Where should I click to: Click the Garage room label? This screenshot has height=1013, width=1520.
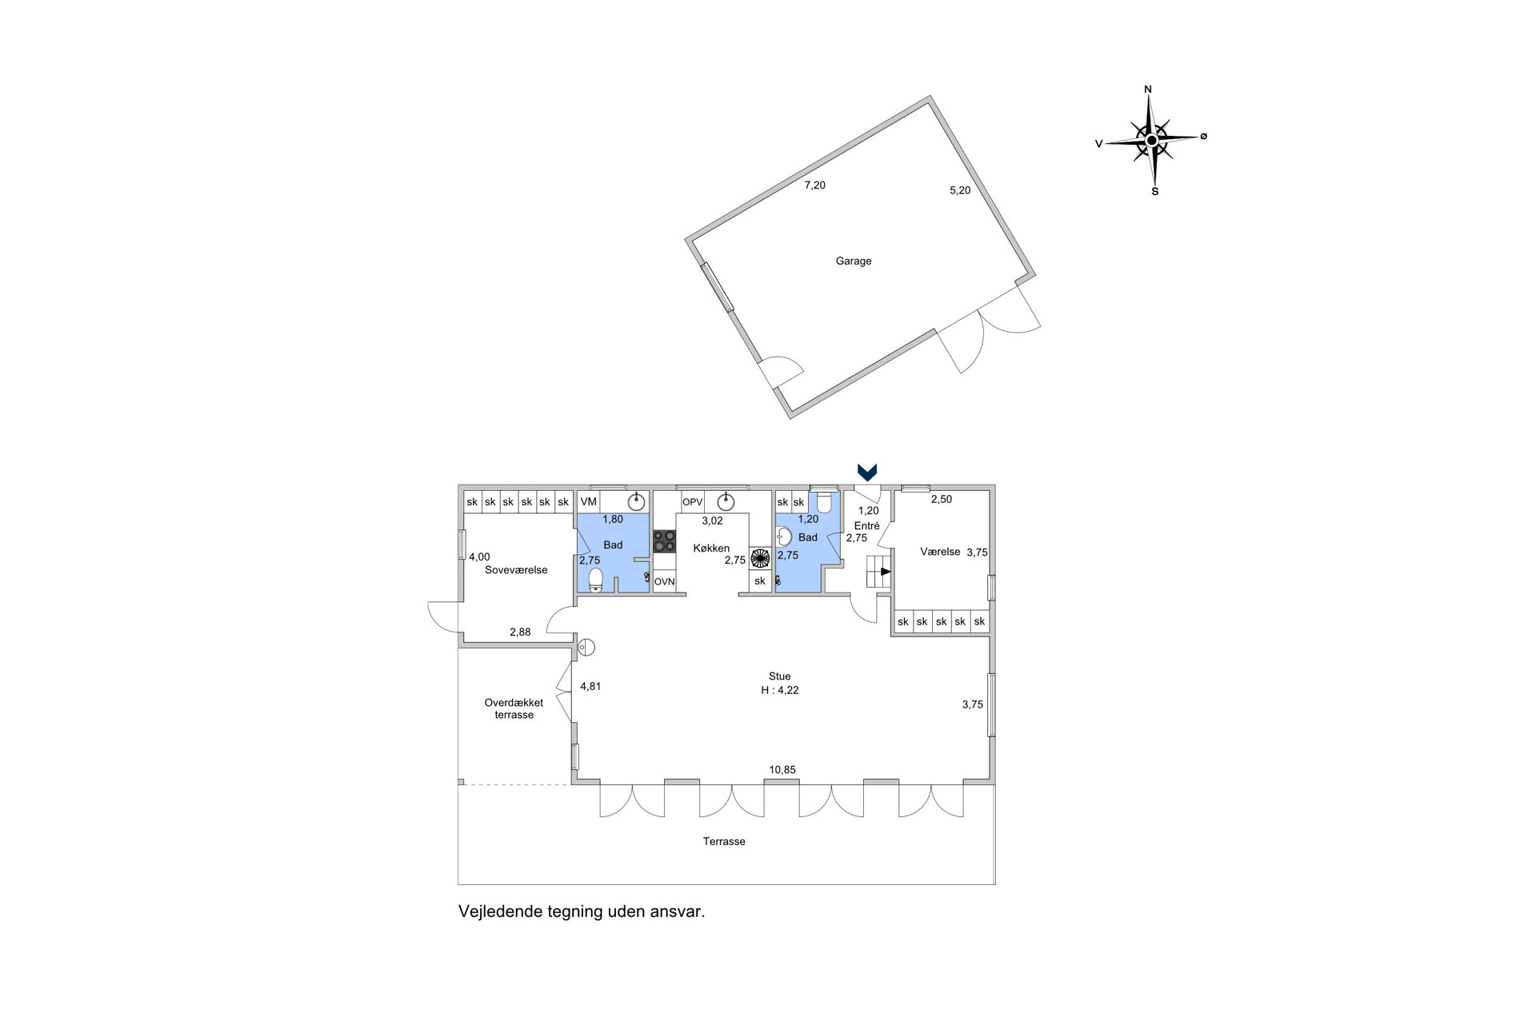[853, 261]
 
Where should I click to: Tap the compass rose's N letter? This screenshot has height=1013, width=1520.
[1148, 90]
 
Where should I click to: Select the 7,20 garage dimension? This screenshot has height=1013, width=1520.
[814, 185]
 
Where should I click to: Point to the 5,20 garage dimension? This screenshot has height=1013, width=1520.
[960, 190]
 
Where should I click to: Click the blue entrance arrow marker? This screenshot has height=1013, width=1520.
[867, 472]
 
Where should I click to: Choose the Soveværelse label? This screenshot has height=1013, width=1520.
[516, 570]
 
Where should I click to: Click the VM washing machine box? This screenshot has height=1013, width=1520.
[589, 502]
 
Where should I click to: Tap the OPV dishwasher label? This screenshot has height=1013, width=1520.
[692, 502]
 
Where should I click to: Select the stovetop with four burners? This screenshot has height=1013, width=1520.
[664, 541]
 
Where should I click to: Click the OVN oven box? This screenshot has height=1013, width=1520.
[664, 582]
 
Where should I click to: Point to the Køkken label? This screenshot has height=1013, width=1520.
[711, 548]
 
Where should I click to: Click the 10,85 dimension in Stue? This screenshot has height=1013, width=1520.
[782, 770]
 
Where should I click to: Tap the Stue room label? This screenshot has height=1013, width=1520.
[779, 676]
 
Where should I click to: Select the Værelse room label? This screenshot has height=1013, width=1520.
[940, 552]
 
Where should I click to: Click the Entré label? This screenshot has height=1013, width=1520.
[867, 526]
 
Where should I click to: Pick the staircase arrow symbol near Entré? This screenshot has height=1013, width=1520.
[885, 572]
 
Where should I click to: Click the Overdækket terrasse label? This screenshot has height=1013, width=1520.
[514, 709]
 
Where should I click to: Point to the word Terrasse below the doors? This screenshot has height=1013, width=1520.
[724, 841]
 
